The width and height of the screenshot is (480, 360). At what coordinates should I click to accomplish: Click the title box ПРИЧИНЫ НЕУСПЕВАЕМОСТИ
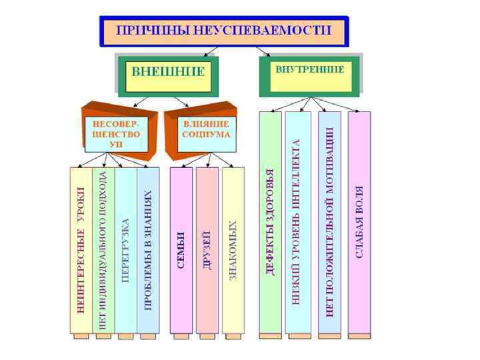224,31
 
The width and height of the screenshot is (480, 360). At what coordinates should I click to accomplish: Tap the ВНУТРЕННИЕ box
310,73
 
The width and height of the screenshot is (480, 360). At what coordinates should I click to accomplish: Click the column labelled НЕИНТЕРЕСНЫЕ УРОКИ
81,250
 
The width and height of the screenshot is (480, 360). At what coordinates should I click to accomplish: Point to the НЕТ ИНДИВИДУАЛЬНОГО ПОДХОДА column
103,250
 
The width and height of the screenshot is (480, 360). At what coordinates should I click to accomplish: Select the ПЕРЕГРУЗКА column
125,250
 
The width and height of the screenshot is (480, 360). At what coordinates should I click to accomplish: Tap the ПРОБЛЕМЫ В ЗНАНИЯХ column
148,250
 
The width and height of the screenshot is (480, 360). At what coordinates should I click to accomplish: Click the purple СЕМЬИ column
181,250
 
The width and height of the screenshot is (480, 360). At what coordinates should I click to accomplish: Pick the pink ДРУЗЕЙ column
207,250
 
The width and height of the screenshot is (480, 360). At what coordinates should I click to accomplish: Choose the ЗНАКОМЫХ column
233,250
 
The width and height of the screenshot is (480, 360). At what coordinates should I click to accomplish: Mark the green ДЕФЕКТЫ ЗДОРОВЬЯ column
270,223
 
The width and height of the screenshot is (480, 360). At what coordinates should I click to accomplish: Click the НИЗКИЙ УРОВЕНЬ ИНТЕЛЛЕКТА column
297,223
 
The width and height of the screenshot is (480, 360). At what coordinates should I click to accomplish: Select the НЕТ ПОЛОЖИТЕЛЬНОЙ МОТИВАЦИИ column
329,223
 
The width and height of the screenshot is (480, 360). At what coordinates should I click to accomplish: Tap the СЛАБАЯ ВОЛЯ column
359,223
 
